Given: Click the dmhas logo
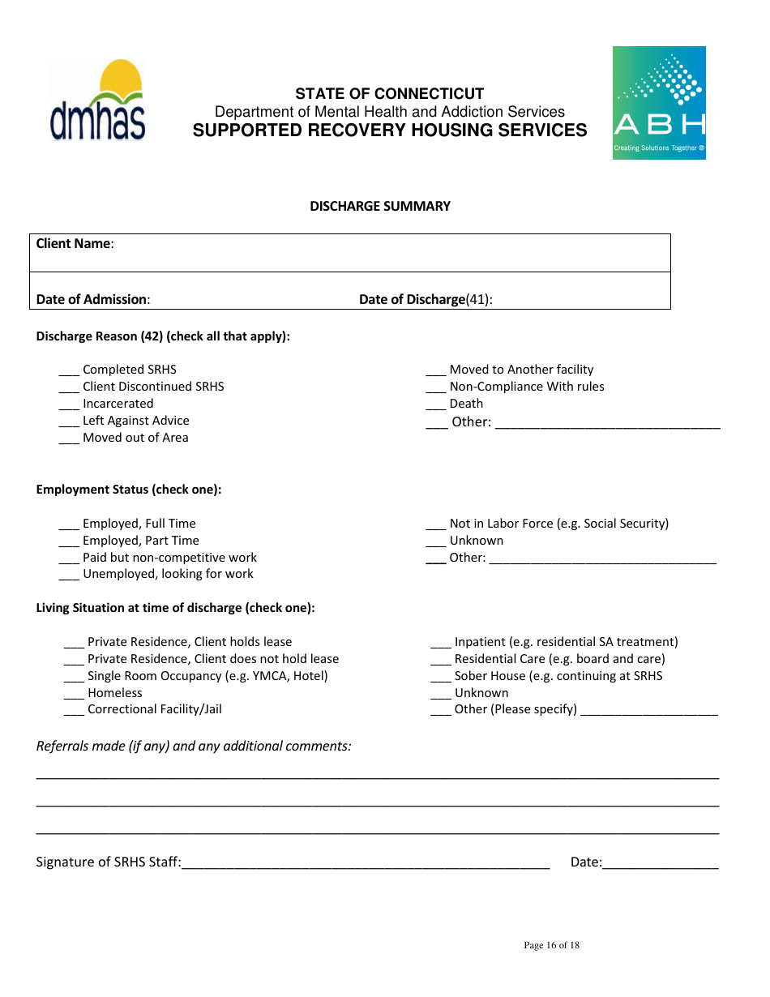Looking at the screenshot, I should pyautogui.click(x=98, y=101).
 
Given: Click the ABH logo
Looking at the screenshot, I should pyautogui.click(x=659, y=103).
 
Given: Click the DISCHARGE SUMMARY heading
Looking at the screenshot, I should pyautogui.click(x=380, y=206).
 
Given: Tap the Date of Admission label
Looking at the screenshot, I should pyautogui.click(x=92, y=299).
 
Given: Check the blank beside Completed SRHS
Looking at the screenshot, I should pyautogui.click(x=69, y=370).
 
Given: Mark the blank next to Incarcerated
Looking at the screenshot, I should pyautogui.click(x=69, y=404).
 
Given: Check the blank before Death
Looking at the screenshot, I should pyautogui.click(x=436, y=404).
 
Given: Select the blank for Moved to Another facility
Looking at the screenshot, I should pyautogui.click(x=436, y=370).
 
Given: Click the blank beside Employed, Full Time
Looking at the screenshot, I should pyautogui.click(x=69, y=524).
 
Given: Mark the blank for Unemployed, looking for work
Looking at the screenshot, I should pyautogui.click(x=69, y=575).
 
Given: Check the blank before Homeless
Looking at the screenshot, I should pyautogui.click(x=74, y=694).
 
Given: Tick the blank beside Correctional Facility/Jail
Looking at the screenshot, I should pyautogui.click(x=74, y=710).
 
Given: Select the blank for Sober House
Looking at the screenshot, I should pyautogui.click(x=441, y=677).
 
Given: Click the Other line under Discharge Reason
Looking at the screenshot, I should pyautogui.click(x=607, y=423).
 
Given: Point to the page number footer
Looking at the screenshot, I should pyautogui.click(x=551, y=945).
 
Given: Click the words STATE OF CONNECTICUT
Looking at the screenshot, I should pyautogui.click(x=389, y=93).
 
